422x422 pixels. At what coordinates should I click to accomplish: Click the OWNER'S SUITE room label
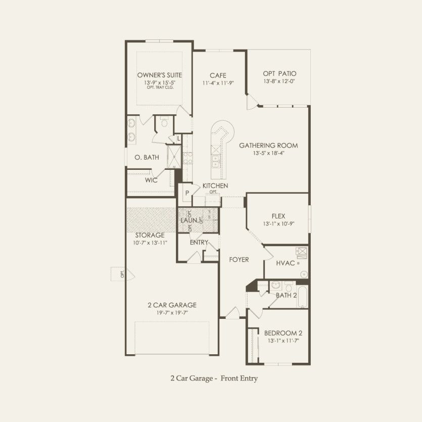159,75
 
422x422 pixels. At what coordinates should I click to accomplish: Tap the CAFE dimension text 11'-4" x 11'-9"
218,82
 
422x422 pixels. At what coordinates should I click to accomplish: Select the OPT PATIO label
279,73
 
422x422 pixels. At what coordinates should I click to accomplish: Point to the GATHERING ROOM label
268,146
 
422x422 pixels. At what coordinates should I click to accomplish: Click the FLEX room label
278,215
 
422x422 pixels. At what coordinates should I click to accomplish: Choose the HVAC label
286,263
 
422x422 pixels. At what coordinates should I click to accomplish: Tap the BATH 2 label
286,295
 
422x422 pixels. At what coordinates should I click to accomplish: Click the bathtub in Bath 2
303,297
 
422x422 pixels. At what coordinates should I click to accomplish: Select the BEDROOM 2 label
283,333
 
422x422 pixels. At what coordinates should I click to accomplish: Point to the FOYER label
239,259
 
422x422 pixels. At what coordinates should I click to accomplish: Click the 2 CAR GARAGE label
172,305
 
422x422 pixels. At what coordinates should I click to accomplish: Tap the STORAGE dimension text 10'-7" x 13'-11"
150,243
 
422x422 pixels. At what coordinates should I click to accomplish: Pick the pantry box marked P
186,193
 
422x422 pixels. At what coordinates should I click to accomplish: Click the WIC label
151,180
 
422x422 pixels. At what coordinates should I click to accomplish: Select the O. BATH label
147,158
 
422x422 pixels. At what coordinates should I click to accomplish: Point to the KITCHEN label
215,186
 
